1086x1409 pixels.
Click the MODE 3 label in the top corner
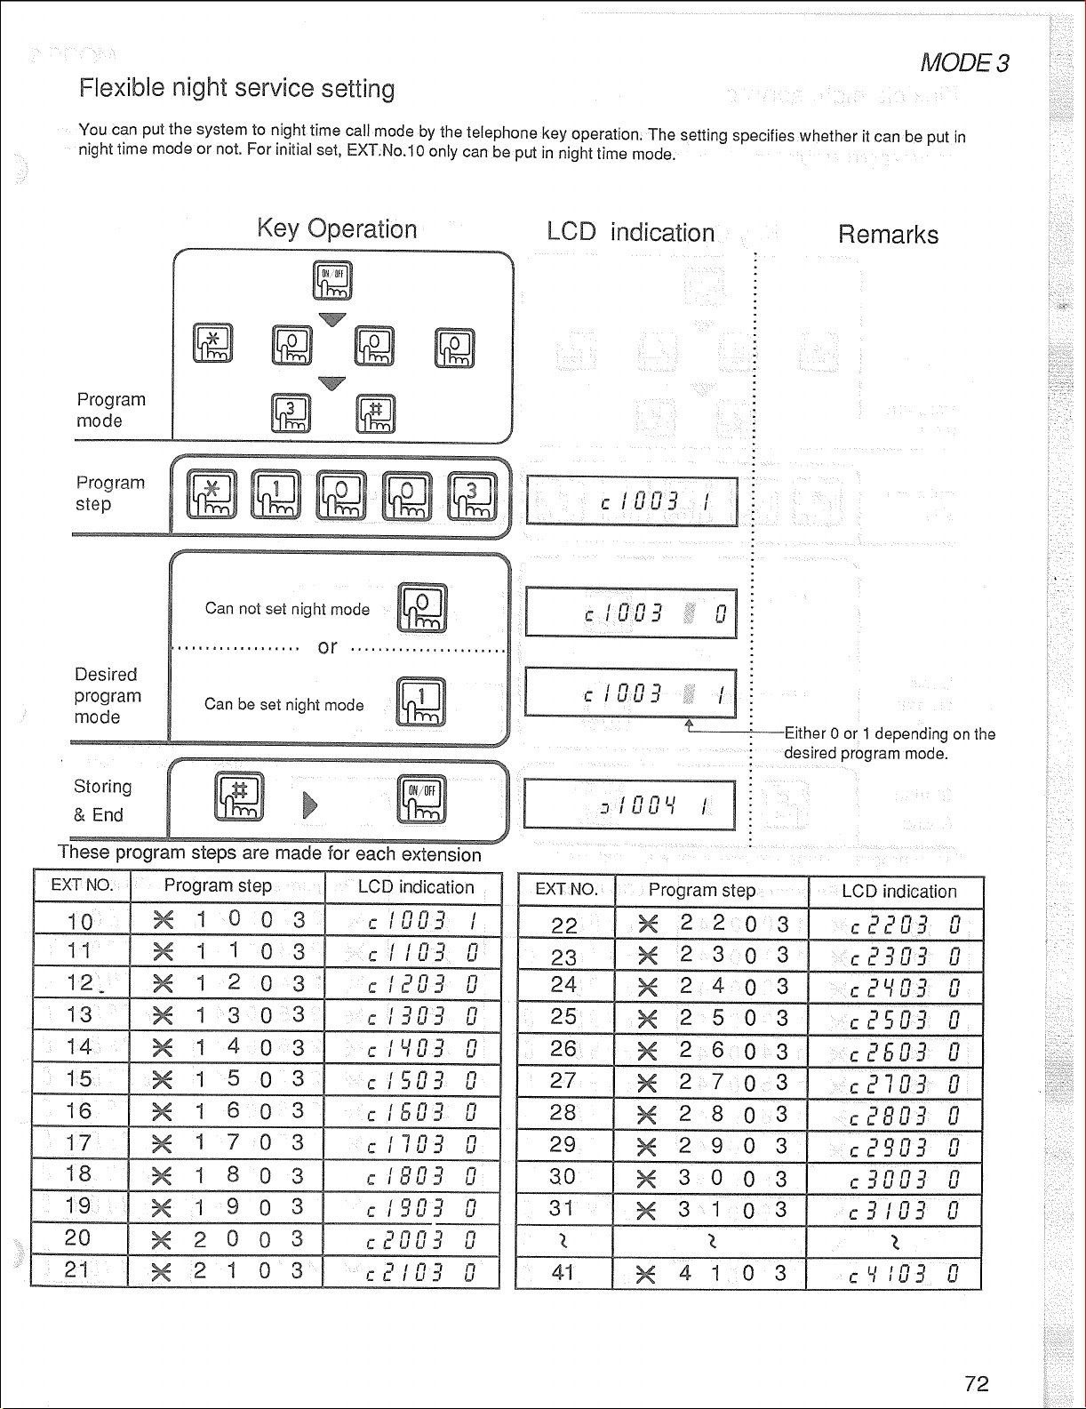coord(964,63)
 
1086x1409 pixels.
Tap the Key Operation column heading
coord(337,229)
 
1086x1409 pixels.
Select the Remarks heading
coord(888,235)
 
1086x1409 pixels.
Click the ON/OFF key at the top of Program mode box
coord(332,280)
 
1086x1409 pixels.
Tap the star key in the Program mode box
coord(213,343)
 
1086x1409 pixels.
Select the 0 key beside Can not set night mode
coord(423,608)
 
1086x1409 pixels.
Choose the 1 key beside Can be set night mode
coord(421,702)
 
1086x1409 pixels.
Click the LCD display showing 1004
coord(629,805)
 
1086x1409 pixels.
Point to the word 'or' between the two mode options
coord(327,647)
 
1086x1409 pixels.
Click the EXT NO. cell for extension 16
coord(80,1110)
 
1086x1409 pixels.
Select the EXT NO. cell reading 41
coord(563,1273)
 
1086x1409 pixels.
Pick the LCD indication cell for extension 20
coord(412,1239)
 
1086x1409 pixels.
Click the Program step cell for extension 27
coord(711,1083)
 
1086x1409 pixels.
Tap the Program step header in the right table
coord(702,891)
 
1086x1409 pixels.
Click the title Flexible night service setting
coord(236,88)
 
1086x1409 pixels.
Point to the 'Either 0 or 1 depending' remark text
coord(889,743)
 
